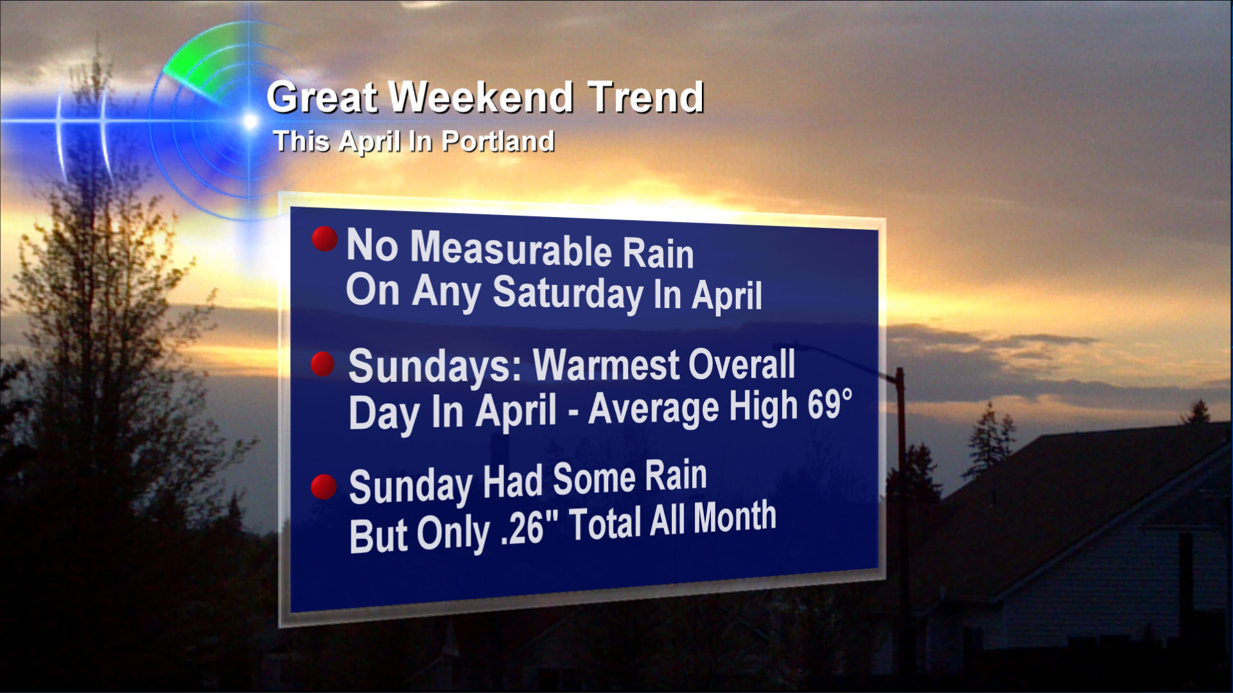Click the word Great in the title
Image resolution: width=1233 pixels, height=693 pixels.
[322, 98]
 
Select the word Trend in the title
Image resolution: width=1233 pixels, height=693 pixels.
[646, 97]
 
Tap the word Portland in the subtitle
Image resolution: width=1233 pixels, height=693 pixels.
[498, 141]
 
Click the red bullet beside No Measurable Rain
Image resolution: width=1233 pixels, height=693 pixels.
[324, 239]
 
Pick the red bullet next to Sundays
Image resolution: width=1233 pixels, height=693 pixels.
[322, 364]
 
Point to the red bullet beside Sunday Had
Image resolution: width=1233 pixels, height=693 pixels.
[324, 486]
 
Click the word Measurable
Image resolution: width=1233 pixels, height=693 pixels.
[511, 249]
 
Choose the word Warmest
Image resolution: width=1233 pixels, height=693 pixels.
[606, 365]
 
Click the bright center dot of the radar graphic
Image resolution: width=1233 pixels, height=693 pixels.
[250, 121]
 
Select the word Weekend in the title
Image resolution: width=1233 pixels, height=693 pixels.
[482, 97]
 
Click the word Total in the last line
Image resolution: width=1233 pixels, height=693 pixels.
[606, 523]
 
